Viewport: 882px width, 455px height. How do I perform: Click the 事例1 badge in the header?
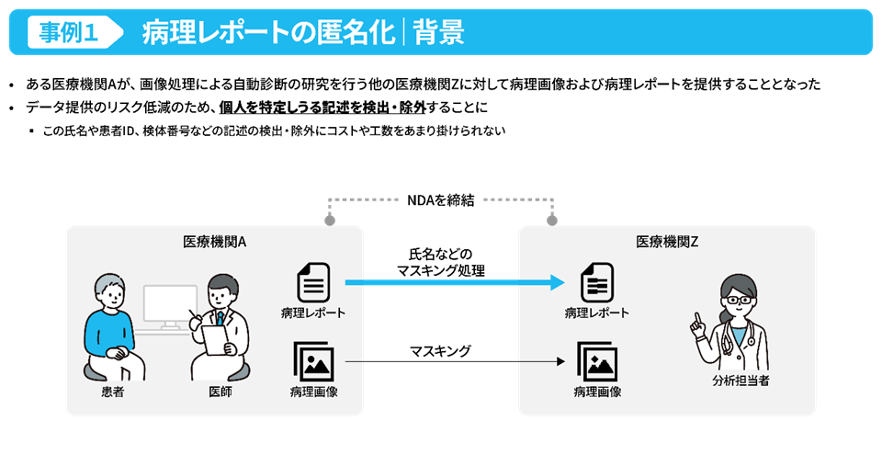[70, 32]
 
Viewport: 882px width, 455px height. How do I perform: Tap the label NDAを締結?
[441, 200]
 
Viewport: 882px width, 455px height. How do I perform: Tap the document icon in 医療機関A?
[313, 282]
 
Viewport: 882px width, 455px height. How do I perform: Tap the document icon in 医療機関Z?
[596, 282]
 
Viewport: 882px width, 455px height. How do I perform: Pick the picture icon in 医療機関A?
[313, 361]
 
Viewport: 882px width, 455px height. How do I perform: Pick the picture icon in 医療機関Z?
[596, 361]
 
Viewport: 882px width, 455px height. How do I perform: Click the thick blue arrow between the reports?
[454, 283]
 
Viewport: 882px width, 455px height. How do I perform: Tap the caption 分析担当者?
[740, 380]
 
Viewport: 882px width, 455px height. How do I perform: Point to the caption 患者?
[112, 392]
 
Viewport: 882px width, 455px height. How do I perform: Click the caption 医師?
[220, 392]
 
